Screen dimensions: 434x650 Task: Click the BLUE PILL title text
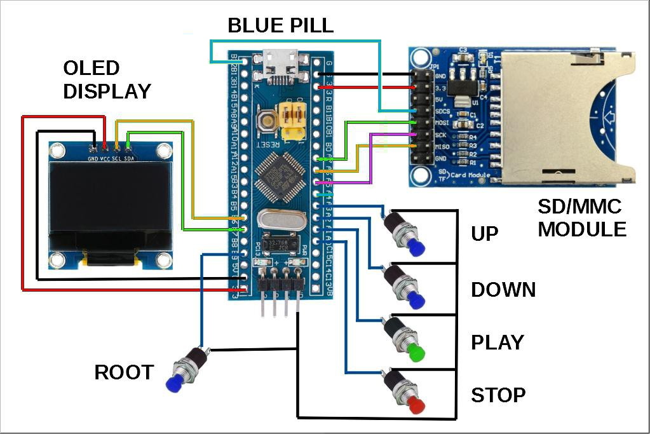click(280, 25)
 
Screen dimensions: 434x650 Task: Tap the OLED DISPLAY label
click(107, 79)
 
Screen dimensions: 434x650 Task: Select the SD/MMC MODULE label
click(582, 217)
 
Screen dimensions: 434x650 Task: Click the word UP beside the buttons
click(484, 234)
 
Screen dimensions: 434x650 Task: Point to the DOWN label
click(503, 290)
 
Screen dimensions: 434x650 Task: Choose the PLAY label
click(498, 342)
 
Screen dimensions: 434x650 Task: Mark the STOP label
click(498, 395)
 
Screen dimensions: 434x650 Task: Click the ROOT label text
click(124, 372)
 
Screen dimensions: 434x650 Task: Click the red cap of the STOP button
click(416, 405)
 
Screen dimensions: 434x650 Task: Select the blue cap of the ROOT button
click(173, 384)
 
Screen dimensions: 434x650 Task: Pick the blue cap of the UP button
click(416, 248)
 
